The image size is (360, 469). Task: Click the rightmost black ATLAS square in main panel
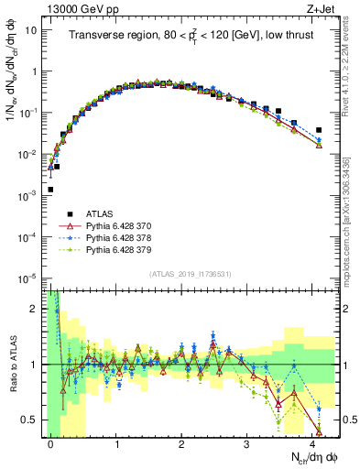(318, 130)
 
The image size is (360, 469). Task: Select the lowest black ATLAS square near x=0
(50, 190)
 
